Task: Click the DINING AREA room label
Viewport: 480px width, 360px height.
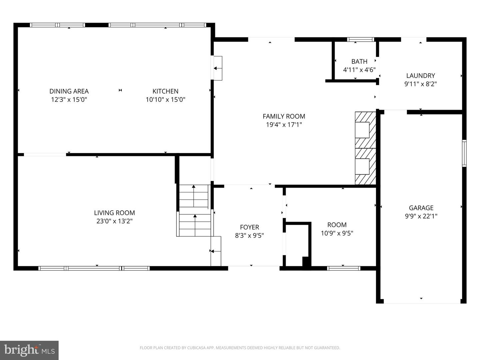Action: (x=69, y=91)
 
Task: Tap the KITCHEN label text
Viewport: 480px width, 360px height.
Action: (x=165, y=91)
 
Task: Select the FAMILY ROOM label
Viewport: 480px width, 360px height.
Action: (x=284, y=116)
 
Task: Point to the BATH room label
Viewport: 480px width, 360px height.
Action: (x=359, y=61)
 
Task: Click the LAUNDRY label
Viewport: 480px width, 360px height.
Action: (x=420, y=76)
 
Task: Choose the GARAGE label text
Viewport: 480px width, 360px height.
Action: (x=421, y=208)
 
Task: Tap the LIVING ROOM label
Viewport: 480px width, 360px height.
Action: (x=114, y=213)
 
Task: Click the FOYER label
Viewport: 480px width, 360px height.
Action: (x=249, y=227)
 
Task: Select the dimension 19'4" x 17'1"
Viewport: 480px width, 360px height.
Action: (x=284, y=125)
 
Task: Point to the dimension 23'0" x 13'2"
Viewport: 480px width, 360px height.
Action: (x=114, y=221)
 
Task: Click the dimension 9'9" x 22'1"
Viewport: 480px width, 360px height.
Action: (x=421, y=216)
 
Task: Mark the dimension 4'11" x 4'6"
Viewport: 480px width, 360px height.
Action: (x=359, y=70)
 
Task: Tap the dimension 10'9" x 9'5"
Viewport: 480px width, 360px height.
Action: (x=337, y=233)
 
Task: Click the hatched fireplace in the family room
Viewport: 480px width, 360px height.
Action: (x=365, y=148)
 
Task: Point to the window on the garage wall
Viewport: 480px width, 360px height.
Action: (x=464, y=153)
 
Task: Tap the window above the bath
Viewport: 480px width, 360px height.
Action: (x=360, y=39)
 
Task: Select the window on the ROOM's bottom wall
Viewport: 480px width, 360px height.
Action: (x=343, y=268)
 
